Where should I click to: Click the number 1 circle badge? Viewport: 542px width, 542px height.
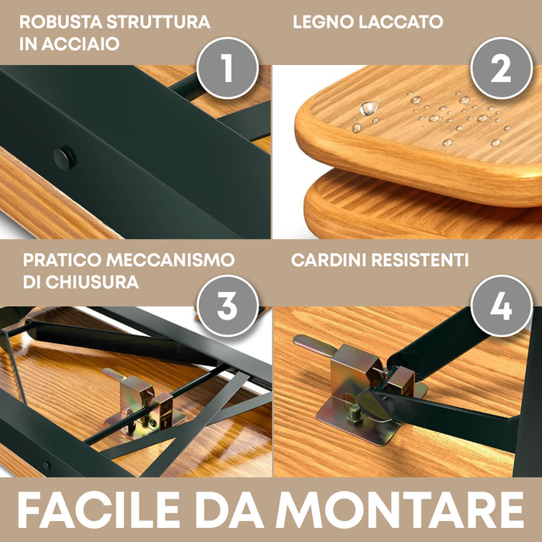pyautogui.click(x=226, y=69)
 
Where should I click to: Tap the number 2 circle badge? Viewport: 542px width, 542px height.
pyautogui.click(x=500, y=69)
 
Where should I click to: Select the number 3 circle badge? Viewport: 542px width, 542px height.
pyautogui.click(x=226, y=307)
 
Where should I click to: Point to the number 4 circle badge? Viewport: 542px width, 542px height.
pyautogui.click(x=500, y=307)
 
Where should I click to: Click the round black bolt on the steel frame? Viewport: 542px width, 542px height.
pyautogui.click(x=64, y=159)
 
